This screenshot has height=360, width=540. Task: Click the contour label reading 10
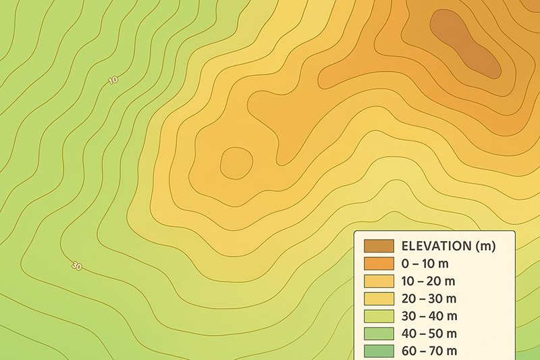click(113, 80)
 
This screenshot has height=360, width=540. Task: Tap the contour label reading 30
click(76, 266)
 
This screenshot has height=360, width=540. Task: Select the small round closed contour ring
click(236, 163)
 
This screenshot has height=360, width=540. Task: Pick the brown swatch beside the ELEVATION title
click(378, 246)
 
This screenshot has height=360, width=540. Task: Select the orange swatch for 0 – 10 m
click(378, 263)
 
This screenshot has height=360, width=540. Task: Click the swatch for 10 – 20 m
click(378, 281)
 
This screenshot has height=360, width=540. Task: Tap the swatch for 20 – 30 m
click(378, 299)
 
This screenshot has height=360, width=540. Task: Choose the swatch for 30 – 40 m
click(378, 316)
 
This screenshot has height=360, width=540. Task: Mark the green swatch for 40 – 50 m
click(378, 334)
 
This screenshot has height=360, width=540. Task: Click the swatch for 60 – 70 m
click(378, 351)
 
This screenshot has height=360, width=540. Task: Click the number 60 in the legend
click(410, 351)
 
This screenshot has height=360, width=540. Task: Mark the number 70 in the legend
click(438, 351)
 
